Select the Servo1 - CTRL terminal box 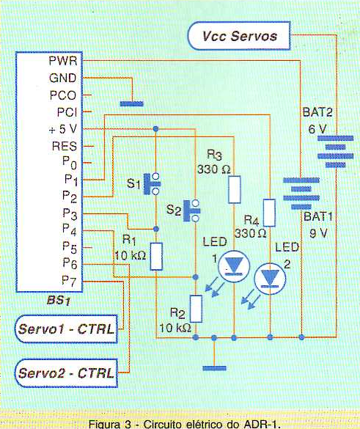66,329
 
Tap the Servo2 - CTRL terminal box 66,373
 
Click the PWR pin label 63,60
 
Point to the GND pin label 63,78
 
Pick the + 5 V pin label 63,129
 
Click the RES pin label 65,146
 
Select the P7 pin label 69,281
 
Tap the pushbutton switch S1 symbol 153,183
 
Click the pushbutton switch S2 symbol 192,210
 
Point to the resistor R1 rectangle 156,257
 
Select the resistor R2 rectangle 196,309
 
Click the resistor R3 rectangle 235,190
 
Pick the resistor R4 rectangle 269,213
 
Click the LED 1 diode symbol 234,266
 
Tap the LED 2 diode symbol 270,279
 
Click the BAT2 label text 317,112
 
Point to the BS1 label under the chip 59,301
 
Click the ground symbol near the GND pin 132,103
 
